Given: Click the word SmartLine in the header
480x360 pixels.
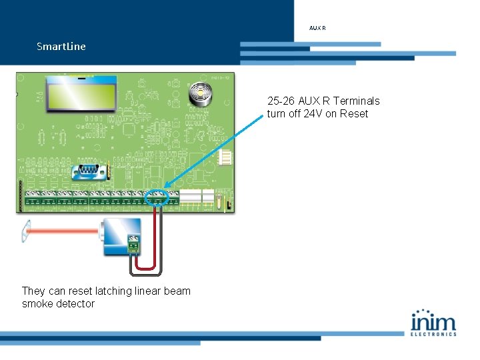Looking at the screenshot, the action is click(x=61, y=47).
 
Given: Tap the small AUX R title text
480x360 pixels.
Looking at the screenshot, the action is click(x=317, y=28).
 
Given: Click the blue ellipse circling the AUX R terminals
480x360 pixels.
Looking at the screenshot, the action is click(x=157, y=197).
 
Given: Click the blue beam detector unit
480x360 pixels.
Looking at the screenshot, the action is click(x=120, y=234).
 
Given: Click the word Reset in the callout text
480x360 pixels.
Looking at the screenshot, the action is click(x=354, y=113).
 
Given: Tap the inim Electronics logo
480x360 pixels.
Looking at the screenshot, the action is click(x=433, y=322).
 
